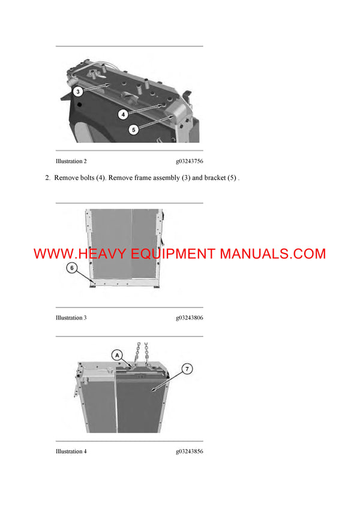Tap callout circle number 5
point(134,128)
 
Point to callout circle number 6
point(71,268)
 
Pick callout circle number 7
point(187,369)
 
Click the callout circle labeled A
point(117,355)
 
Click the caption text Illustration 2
point(71,161)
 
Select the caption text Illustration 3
point(71,318)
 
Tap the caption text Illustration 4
point(71,451)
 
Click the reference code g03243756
point(190,161)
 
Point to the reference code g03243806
point(190,318)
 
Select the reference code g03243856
point(190,451)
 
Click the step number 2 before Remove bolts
point(47,178)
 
